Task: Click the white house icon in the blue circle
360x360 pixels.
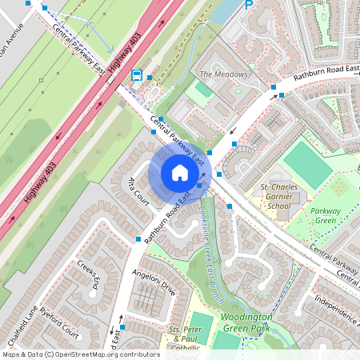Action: pos(179,172)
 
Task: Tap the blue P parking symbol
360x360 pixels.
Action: pos(249,5)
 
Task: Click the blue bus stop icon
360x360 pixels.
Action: pos(137,76)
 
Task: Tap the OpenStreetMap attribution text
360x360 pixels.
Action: pos(80,354)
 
